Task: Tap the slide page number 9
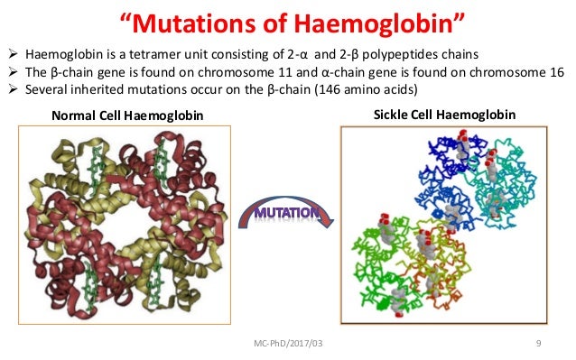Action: pyautogui.click(x=538, y=344)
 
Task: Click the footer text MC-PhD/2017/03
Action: pyautogui.click(x=288, y=344)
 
